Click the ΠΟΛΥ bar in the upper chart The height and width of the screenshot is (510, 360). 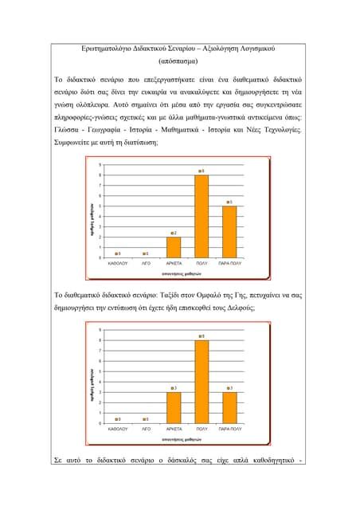[202, 215]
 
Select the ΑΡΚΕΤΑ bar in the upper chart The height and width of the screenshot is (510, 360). [174, 247]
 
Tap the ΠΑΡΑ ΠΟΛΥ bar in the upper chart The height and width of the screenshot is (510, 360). [229, 231]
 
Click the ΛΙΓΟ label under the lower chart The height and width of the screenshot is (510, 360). [146, 429]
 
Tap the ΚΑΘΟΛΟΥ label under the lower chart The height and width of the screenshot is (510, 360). [118, 429]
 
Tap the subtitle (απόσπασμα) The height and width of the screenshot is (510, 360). [180, 61]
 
